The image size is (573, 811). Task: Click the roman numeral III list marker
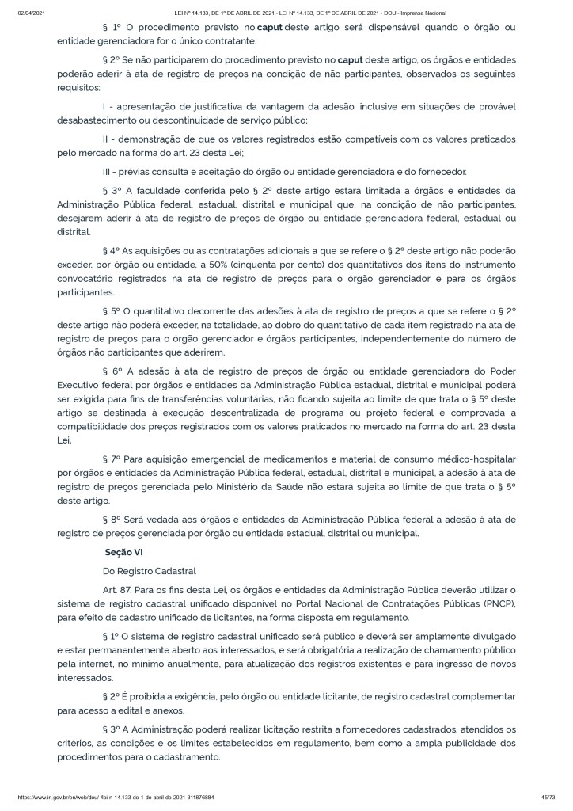(x=107, y=172)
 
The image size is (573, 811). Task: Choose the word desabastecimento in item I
(x=94, y=120)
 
